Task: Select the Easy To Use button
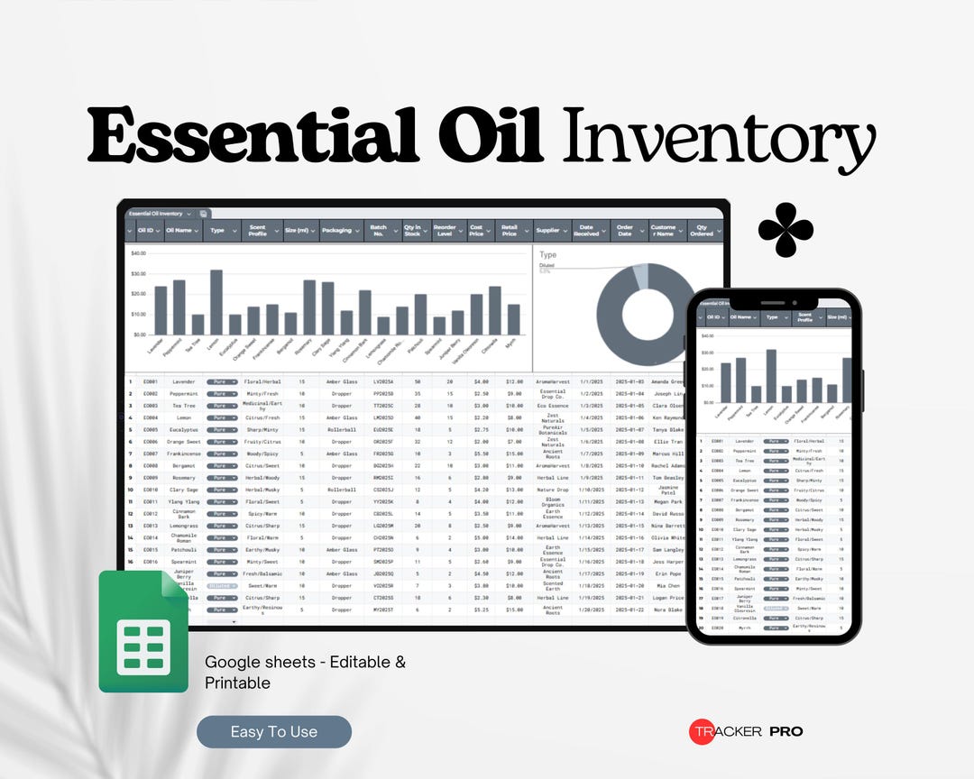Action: pyautogui.click(x=274, y=732)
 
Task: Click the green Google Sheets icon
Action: pyautogui.click(x=142, y=632)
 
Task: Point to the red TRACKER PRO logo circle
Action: pyautogui.click(x=703, y=731)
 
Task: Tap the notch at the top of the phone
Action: pyautogui.click(x=774, y=301)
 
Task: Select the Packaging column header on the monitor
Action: pyautogui.click(x=336, y=231)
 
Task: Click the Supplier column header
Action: pyautogui.click(x=547, y=231)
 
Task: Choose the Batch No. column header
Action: pyautogui.click(x=380, y=231)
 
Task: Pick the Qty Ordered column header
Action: pyautogui.click(x=703, y=231)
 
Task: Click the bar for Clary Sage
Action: pyautogui.click(x=328, y=308)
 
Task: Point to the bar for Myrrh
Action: pyautogui.click(x=513, y=319)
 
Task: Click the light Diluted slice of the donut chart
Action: pyautogui.click(x=640, y=275)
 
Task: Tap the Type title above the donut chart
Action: pyautogui.click(x=547, y=255)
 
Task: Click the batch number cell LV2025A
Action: pyautogui.click(x=383, y=382)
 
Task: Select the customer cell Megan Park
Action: pyautogui.click(x=667, y=502)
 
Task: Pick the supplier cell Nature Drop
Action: pyautogui.click(x=553, y=490)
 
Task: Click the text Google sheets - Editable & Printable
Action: pyautogui.click(x=305, y=672)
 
